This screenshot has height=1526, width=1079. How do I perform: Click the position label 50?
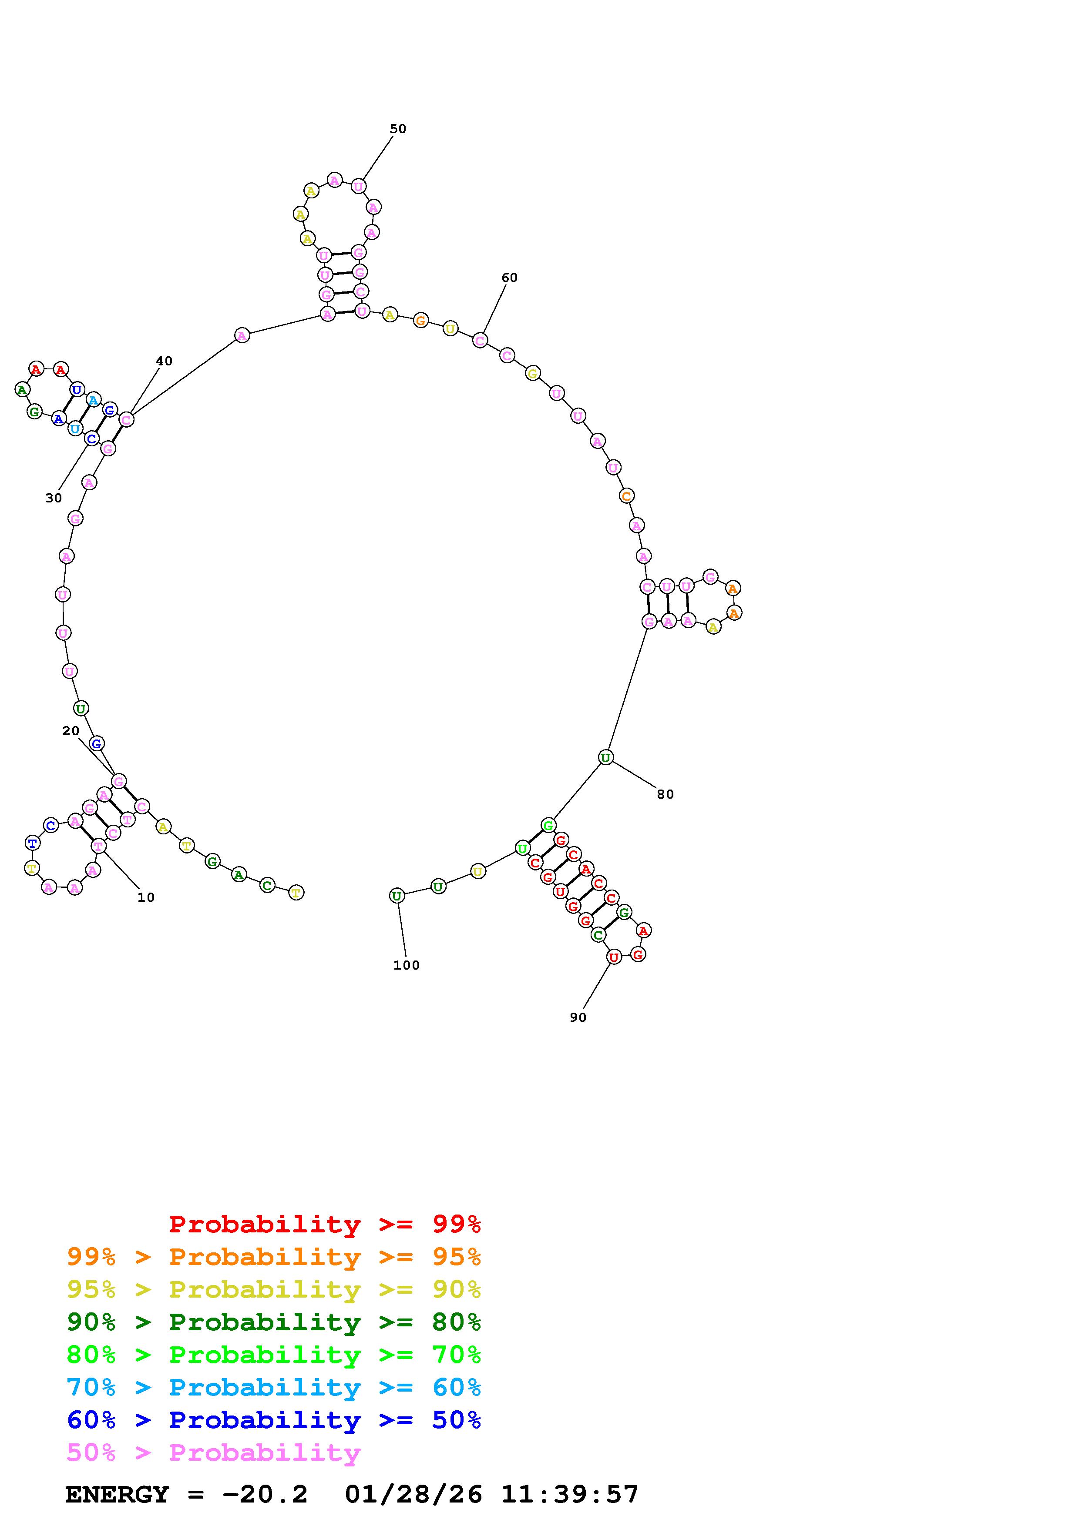point(397,129)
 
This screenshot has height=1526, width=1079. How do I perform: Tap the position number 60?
point(509,278)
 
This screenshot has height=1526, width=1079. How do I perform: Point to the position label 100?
point(406,965)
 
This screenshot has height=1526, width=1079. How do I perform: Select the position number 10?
point(146,897)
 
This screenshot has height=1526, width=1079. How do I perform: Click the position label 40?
point(164,361)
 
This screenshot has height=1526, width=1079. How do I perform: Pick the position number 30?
point(54,498)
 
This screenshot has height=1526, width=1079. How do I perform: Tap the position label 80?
point(666,794)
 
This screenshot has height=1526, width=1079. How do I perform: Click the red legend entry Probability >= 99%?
point(325,1224)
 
